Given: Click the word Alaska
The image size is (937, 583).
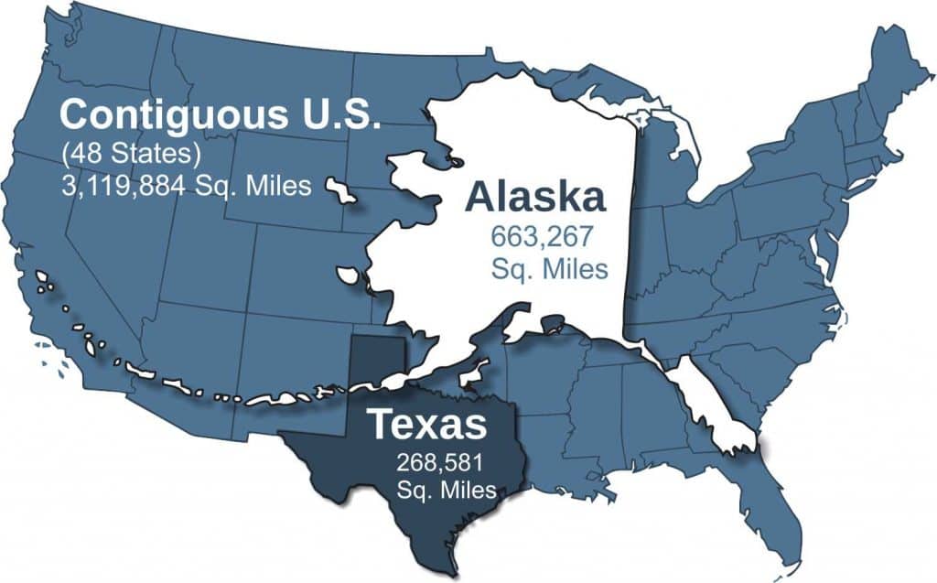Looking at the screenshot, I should (x=535, y=197).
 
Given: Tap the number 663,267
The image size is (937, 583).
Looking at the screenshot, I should (x=541, y=238).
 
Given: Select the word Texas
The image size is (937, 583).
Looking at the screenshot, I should (x=425, y=425).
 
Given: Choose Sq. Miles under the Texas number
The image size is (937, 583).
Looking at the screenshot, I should (x=447, y=490).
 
